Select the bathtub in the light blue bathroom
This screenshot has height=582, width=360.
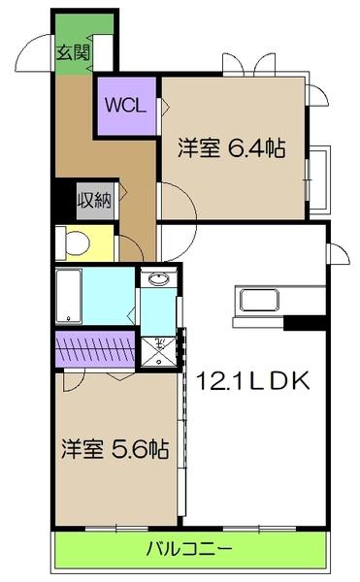(68, 296)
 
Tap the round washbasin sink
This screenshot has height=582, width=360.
(159, 279)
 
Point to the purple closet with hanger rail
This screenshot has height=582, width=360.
(93, 348)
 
